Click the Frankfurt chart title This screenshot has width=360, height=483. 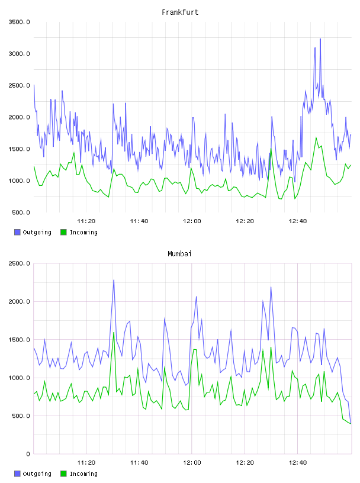tap(180, 12)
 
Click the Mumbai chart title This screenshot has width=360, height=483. tap(179, 254)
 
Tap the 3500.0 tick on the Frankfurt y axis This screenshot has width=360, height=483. tap(19, 22)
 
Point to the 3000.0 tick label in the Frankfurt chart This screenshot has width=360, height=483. tap(19, 54)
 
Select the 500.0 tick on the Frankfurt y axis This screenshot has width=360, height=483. tap(21, 212)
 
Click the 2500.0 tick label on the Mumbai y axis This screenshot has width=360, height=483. tap(19, 263)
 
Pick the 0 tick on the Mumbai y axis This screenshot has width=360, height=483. tap(28, 454)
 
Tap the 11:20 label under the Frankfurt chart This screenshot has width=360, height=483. tap(86, 221)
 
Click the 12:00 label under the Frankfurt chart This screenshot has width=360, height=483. tap(192, 221)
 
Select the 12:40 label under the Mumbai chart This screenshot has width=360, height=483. tap(298, 463)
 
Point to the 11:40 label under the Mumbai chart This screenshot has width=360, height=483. tap(139, 463)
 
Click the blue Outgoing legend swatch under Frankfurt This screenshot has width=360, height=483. tap(17, 232)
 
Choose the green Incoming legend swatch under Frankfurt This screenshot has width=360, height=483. tap(63, 232)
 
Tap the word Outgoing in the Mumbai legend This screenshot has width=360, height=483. tap(37, 474)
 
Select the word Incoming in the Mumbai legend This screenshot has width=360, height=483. tap(83, 474)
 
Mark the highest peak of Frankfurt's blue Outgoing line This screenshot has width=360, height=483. tap(320, 39)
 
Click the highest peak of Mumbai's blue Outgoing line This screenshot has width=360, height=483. tap(114, 280)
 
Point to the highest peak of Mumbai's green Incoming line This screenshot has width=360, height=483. tap(114, 333)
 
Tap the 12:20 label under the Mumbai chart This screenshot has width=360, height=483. tap(245, 463)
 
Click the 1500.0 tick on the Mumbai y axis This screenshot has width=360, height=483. tap(19, 340)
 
